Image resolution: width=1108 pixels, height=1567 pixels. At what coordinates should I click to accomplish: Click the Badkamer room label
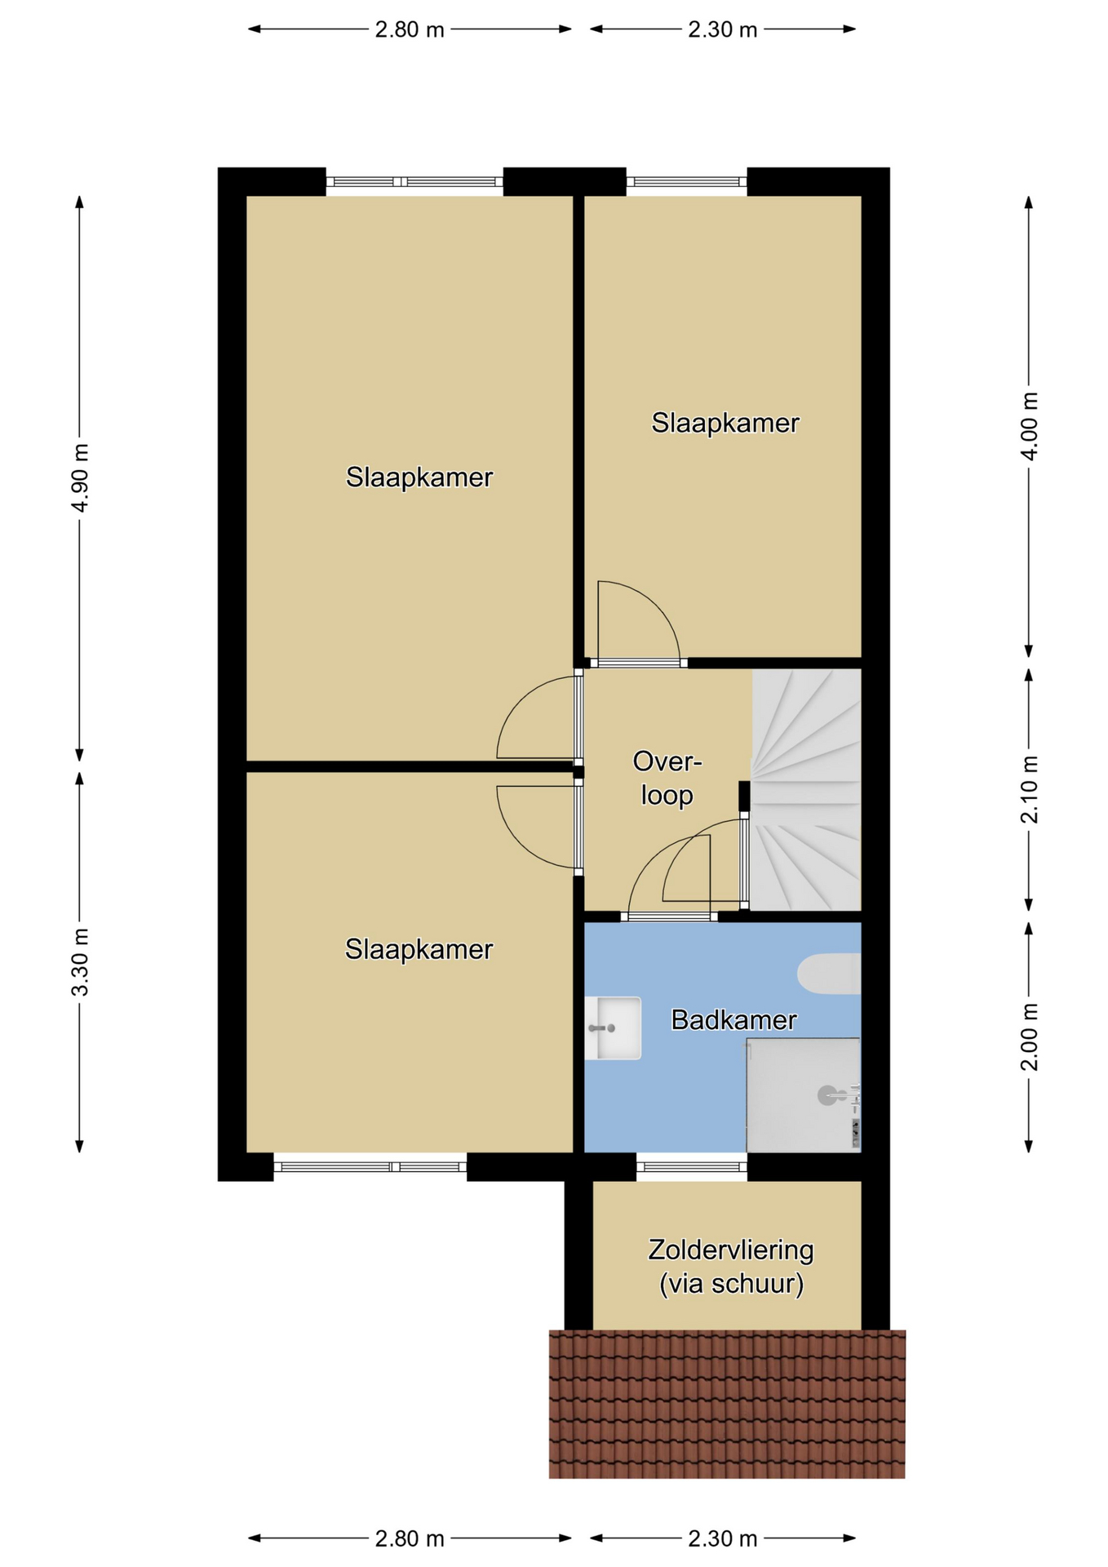(733, 1019)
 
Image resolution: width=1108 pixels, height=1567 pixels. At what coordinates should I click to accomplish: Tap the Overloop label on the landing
(667, 779)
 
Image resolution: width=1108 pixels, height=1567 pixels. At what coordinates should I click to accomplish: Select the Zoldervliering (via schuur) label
(731, 1267)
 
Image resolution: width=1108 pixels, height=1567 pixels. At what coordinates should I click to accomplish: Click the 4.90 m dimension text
(79, 478)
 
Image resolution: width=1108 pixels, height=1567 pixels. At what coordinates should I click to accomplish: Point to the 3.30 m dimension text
(79, 962)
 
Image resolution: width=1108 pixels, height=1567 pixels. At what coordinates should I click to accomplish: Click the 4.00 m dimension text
(1030, 426)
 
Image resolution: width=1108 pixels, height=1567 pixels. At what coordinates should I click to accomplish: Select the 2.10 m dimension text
(1030, 789)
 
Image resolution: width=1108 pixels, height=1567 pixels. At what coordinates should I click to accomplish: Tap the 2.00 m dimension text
(1030, 1037)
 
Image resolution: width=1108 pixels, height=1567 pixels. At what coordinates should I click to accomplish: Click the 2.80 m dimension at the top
(410, 30)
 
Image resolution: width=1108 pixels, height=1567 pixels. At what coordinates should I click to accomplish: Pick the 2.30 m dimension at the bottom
(723, 1538)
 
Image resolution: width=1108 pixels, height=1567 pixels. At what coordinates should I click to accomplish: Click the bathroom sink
(613, 1028)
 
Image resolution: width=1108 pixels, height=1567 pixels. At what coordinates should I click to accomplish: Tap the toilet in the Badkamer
(829, 974)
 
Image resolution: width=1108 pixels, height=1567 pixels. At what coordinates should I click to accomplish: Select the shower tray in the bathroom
(804, 1094)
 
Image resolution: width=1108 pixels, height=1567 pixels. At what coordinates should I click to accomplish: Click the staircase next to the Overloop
(806, 789)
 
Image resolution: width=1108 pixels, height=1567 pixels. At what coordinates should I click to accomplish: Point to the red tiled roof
(727, 1404)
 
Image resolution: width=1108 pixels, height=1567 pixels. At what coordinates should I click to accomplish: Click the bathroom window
(692, 1167)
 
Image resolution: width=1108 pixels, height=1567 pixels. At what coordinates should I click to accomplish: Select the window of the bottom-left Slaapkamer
(370, 1167)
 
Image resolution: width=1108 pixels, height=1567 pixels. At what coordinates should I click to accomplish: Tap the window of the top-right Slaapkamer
(686, 182)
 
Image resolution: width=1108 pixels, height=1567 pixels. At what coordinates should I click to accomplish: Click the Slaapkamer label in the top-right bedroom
(725, 423)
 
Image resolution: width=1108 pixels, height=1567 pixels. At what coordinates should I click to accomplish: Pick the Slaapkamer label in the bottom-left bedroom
(419, 949)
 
